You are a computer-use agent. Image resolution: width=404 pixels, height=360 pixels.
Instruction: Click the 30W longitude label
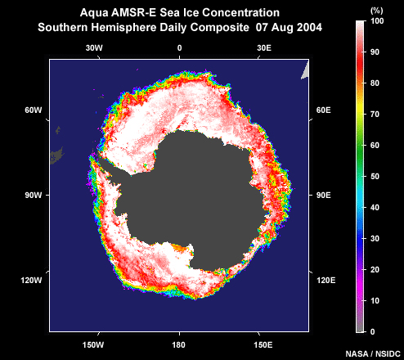coord(94,48)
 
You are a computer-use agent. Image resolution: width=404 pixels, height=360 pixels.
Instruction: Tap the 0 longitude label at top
coord(179,48)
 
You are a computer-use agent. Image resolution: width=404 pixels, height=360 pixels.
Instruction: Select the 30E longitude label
coord(264,48)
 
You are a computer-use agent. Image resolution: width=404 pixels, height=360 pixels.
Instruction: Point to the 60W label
coord(34,110)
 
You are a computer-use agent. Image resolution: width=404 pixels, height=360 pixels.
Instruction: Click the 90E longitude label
coord(324,196)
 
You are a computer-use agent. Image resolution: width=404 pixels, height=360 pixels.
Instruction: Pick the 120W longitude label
coord(31,280)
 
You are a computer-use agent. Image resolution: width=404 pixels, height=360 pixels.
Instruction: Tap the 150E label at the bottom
coord(263,345)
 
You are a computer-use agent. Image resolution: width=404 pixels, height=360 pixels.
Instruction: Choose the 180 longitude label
coord(178,345)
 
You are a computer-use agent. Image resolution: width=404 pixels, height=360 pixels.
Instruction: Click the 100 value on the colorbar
coord(377,21)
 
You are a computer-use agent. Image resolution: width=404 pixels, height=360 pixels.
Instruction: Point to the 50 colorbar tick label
coord(375,177)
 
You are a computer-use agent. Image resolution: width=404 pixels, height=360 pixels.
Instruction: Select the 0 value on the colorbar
coord(373,332)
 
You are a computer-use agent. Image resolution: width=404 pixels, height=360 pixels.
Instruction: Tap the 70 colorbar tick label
coord(375,115)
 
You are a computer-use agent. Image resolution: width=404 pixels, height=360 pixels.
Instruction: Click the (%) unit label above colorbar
coord(377,11)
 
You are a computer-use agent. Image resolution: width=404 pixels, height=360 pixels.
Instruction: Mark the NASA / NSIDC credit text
coord(373,353)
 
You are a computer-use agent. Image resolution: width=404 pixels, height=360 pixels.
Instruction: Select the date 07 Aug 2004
coord(289,28)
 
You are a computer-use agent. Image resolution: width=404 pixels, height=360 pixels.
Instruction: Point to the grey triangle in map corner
coord(306,71)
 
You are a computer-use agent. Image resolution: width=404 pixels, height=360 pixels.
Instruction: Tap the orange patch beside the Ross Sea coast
coord(181,248)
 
